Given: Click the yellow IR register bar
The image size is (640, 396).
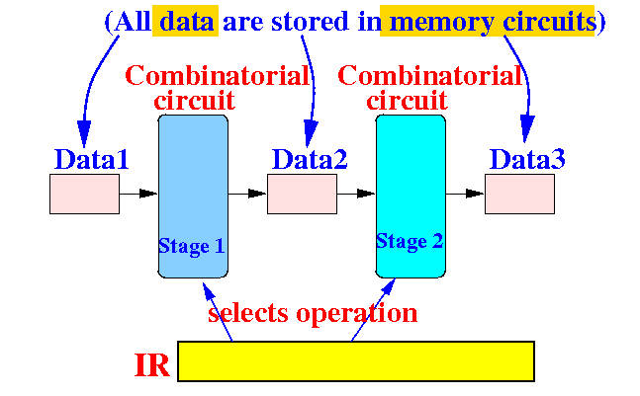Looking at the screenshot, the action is tap(356, 361).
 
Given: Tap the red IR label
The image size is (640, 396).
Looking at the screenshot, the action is tap(151, 365).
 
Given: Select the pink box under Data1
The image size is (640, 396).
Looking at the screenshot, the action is tap(84, 194).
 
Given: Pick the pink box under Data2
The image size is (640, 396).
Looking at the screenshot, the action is tap(302, 194).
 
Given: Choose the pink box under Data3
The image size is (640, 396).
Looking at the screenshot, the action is tap(519, 194).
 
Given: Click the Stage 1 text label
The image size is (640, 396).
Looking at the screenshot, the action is tap(192, 246).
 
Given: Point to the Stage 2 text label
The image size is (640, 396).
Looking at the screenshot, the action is tap(410, 241).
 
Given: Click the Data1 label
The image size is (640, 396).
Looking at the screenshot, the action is tap(91, 159).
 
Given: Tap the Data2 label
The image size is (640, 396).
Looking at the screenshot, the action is tap(310, 159).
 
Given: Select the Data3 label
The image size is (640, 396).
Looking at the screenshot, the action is tap(527, 159).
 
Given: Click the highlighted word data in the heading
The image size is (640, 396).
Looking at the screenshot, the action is tap(187, 22).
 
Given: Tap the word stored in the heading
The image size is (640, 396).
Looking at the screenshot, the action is tap(310, 22).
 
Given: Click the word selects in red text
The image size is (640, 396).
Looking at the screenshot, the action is tap(248, 313).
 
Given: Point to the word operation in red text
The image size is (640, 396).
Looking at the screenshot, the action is tap(357, 314).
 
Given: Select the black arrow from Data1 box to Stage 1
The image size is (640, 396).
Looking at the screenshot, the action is tap(138, 194).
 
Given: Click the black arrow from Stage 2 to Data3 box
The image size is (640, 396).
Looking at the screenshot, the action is tap(465, 194).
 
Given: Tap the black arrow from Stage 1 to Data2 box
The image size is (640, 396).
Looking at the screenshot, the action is tap(247, 194).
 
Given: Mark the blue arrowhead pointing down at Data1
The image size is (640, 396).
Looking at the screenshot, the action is tap(84, 133).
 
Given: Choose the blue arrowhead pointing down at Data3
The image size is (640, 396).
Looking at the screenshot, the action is tap(527, 128).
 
